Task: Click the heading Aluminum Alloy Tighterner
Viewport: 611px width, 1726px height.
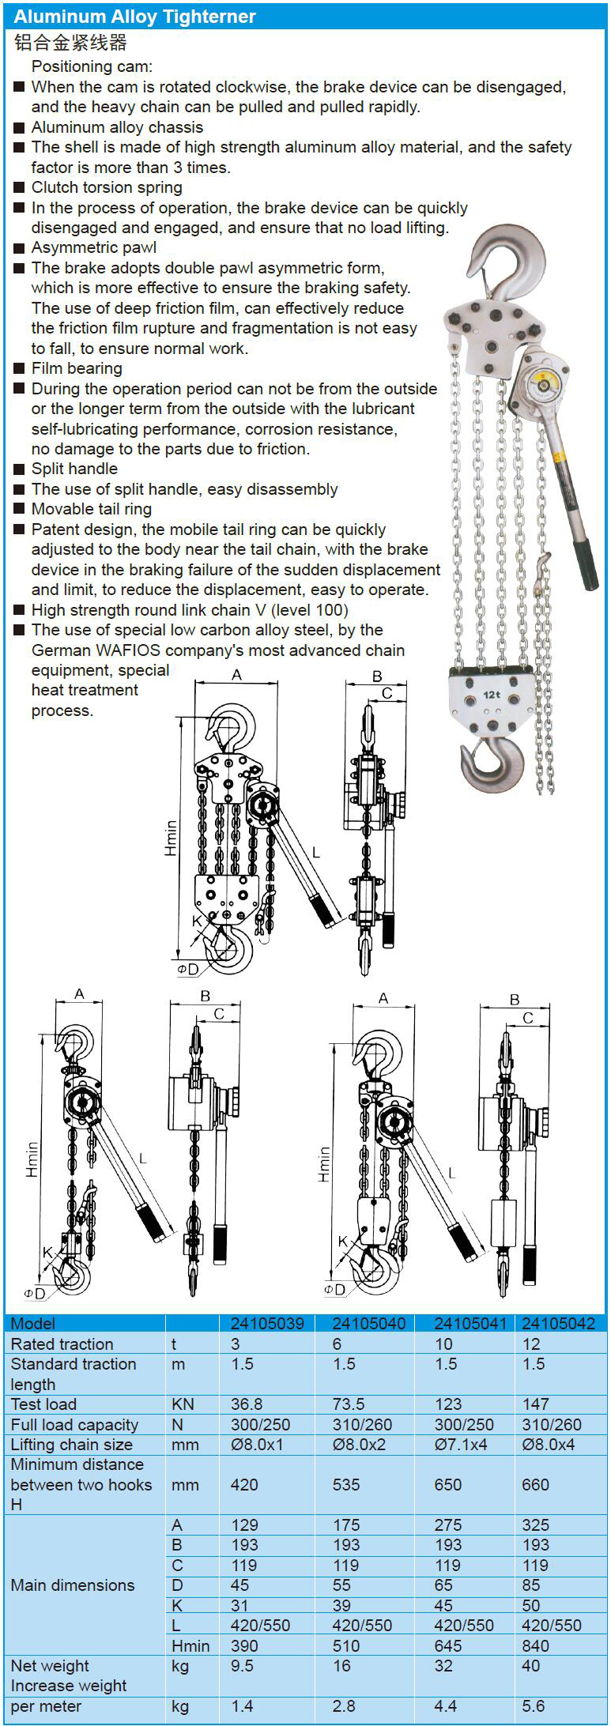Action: point(134,17)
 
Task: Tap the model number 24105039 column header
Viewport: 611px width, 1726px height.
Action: point(266,1323)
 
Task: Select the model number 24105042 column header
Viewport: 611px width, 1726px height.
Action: point(558,1323)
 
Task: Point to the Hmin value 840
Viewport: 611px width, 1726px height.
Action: point(535,1645)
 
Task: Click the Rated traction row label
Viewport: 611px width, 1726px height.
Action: point(62,1343)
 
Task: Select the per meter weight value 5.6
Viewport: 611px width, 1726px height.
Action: point(534,1705)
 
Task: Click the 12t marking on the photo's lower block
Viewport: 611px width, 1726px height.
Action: point(492,695)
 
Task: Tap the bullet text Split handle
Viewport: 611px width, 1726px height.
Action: point(74,469)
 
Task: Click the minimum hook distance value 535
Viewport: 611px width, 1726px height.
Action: point(346,1484)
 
